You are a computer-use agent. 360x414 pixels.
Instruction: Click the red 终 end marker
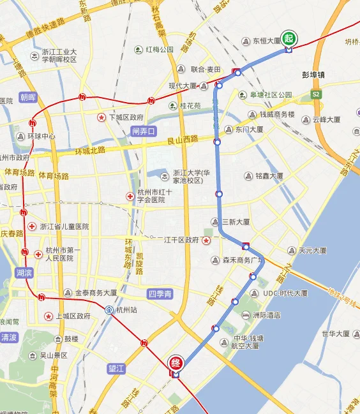[176, 364]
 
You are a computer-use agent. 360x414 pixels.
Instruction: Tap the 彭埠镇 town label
[313, 75]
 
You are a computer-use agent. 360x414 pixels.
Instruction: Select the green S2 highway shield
[315, 94]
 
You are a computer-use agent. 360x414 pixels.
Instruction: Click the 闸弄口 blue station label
[144, 131]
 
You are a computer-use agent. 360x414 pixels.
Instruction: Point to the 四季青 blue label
[160, 294]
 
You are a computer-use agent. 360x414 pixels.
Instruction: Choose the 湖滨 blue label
[23, 272]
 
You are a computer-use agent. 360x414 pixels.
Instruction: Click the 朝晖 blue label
[28, 98]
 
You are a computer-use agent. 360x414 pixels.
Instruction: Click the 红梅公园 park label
[160, 50]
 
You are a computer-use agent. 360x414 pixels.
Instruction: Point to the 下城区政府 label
[126, 117]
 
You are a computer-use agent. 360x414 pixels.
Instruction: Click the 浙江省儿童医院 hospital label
[64, 226]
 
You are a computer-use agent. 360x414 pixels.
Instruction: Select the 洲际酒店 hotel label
[266, 315]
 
